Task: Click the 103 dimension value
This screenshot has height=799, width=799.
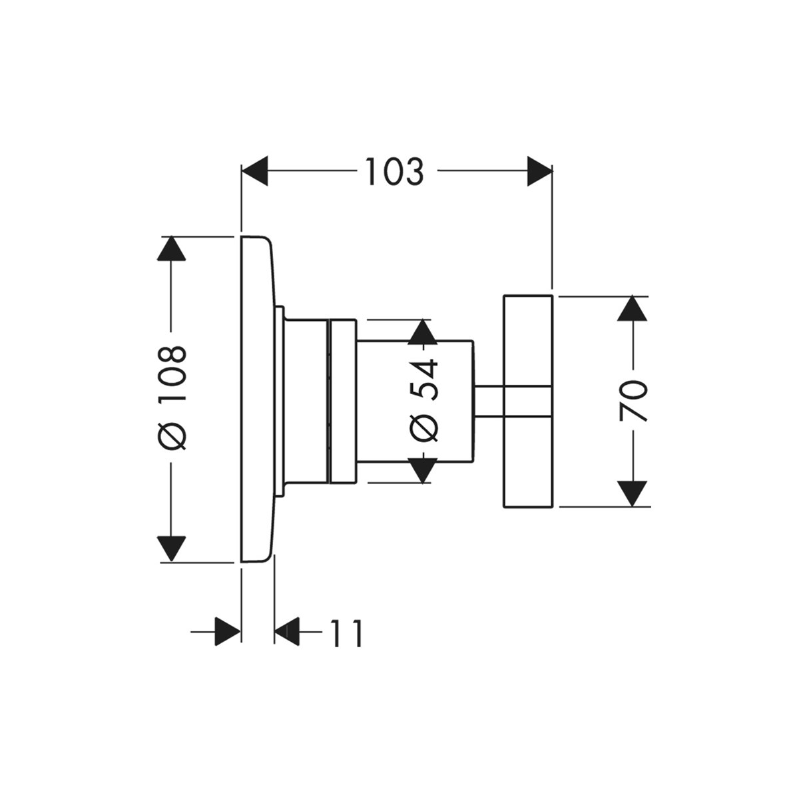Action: pyautogui.click(x=394, y=172)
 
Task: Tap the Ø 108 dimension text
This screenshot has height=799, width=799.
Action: pyautogui.click(x=172, y=398)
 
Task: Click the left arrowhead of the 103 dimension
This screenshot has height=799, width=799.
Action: pyautogui.click(x=255, y=172)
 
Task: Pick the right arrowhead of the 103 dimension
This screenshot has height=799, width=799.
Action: pyautogui.click(x=539, y=172)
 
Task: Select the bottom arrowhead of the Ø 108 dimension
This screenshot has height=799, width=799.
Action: pyautogui.click(x=172, y=547)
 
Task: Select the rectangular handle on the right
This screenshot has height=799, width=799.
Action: pyautogui.click(x=528, y=400)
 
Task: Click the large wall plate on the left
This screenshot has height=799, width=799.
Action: pyautogui.click(x=256, y=400)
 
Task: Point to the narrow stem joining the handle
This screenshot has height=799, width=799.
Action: pyautogui.click(x=489, y=401)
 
